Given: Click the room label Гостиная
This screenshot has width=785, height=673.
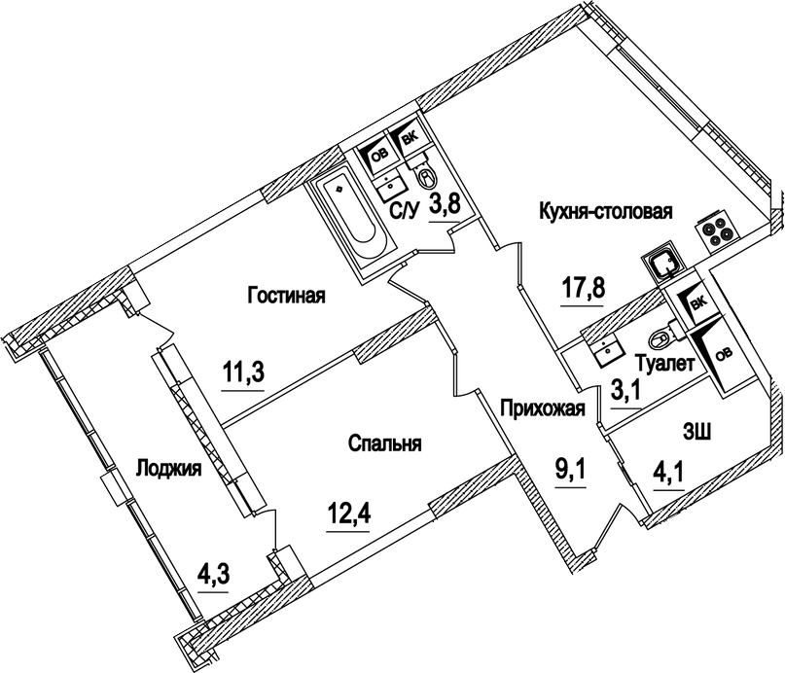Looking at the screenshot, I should click(x=285, y=296).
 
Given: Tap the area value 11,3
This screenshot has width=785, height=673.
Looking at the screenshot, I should click(x=243, y=373).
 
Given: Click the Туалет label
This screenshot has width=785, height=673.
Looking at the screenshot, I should click(x=663, y=365).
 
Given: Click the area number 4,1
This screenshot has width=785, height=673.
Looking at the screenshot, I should click(x=669, y=478).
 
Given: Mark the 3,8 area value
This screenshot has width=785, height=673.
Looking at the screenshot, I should click(x=444, y=206).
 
